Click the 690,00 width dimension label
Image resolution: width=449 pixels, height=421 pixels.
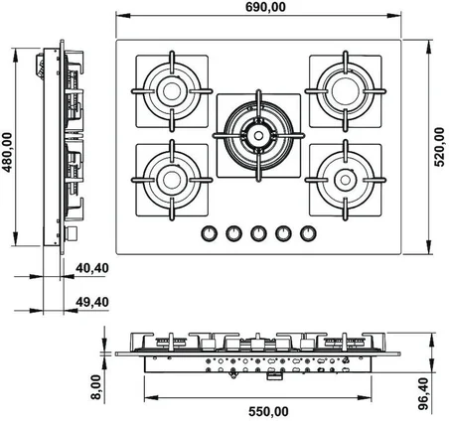click(x=265, y=7)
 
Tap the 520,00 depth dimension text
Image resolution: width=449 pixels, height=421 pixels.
click(x=439, y=147)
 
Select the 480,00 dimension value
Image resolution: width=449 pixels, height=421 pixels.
click(x=7, y=152)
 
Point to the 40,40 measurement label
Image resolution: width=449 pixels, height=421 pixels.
click(x=92, y=268)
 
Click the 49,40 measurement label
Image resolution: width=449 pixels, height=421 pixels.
click(x=92, y=302)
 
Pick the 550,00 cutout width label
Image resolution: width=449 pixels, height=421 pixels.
click(x=268, y=412)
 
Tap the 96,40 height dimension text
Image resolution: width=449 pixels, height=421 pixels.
click(x=423, y=394)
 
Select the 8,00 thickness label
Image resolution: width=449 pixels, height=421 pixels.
click(x=96, y=387)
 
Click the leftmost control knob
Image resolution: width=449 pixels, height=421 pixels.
click(x=209, y=233)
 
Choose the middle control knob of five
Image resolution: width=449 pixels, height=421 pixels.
click(x=258, y=233)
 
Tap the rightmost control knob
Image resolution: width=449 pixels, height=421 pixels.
click(x=308, y=233)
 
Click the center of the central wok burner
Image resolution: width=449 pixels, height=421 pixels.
click(x=258, y=135)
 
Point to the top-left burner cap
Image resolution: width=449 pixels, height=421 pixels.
click(x=172, y=91)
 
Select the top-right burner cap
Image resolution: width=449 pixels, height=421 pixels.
click(x=346, y=90)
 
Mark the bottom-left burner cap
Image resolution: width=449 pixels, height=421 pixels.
click(x=172, y=180)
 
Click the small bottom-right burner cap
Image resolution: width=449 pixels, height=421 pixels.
click(x=346, y=180)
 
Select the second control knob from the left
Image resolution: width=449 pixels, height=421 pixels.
click(x=233, y=233)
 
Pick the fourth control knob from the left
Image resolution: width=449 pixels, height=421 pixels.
click(x=283, y=233)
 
